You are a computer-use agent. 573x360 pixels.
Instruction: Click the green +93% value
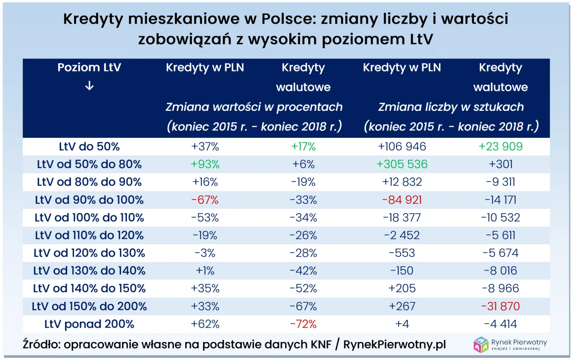[x=205, y=164]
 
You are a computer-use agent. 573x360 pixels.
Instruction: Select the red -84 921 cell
[x=402, y=200]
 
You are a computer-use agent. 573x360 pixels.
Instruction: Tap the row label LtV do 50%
[x=89, y=146]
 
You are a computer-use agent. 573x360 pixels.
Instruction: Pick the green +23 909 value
[x=501, y=146]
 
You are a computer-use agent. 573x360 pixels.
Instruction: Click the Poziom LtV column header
[x=89, y=67]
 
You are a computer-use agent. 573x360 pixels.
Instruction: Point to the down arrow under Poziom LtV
[x=89, y=86]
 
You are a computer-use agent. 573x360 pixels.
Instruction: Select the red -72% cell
[x=303, y=324]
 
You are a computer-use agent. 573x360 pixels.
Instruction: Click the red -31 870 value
[x=501, y=306]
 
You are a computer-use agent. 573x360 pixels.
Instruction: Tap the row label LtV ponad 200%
[x=89, y=324]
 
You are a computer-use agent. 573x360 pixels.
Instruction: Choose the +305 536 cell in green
[x=402, y=164]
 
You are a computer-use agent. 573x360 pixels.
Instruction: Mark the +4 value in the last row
[x=402, y=324]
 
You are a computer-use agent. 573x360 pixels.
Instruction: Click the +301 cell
[x=501, y=164]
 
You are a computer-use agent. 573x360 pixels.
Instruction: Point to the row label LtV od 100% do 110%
[x=89, y=218]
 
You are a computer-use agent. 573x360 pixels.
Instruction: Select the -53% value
[x=205, y=218]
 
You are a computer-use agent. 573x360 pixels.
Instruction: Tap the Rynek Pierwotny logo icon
[x=481, y=344]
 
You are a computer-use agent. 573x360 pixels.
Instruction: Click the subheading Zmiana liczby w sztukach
[x=451, y=107]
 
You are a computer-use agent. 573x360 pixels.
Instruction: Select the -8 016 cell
[x=501, y=271]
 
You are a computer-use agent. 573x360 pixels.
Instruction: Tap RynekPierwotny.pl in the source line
[x=395, y=344]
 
